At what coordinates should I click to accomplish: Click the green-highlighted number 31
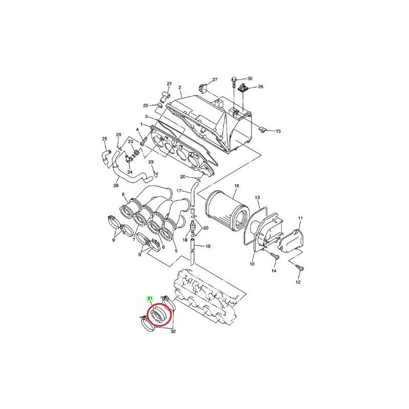click(150, 298)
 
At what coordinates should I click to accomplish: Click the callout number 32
click(173, 331)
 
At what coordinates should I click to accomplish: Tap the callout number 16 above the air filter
click(237, 186)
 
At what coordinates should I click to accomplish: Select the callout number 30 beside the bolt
click(250, 79)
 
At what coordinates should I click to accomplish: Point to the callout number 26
click(261, 86)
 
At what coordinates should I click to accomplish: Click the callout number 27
click(215, 79)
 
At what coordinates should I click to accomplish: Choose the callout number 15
click(278, 131)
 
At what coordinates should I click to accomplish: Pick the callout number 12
click(298, 282)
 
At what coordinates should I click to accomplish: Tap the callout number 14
click(274, 271)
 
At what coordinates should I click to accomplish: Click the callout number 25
click(105, 139)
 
